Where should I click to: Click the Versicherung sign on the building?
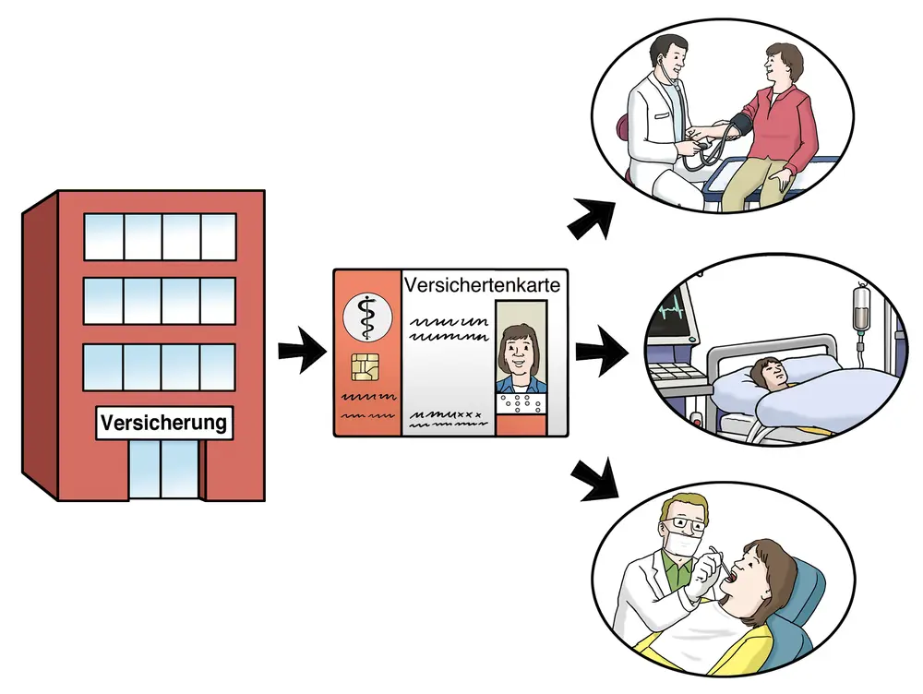click(x=164, y=423)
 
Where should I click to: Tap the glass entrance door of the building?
click(x=163, y=469)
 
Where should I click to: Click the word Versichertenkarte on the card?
click(x=482, y=285)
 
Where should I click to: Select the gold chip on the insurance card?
click(x=365, y=366)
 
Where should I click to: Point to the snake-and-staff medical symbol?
click(x=367, y=317)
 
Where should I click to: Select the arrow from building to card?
click(x=303, y=351)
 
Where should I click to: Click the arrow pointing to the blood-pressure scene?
click(x=591, y=219)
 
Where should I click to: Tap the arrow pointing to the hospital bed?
click(x=602, y=352)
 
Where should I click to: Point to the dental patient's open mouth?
click(x=731, y=580)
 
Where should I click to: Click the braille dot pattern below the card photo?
click(x=521, y=403)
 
